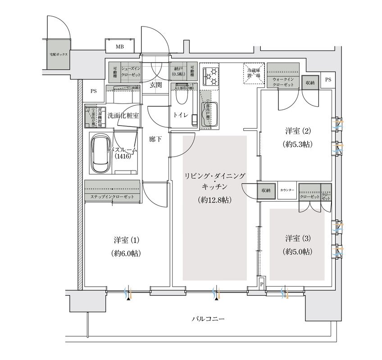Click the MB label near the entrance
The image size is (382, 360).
[x=119, y=47]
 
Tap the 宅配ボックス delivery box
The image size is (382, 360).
[x=58, y=54]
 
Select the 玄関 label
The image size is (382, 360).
[x=156, y=85]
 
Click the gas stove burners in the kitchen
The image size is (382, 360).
[x=211, y=75]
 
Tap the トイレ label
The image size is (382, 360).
[x=181, y=115]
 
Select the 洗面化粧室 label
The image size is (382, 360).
[x=123, y=115]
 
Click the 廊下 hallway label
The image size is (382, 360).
[x=156, y=139]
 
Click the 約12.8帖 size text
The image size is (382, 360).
[x=214, y=200]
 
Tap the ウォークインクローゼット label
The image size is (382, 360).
[x=283, y=81]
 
